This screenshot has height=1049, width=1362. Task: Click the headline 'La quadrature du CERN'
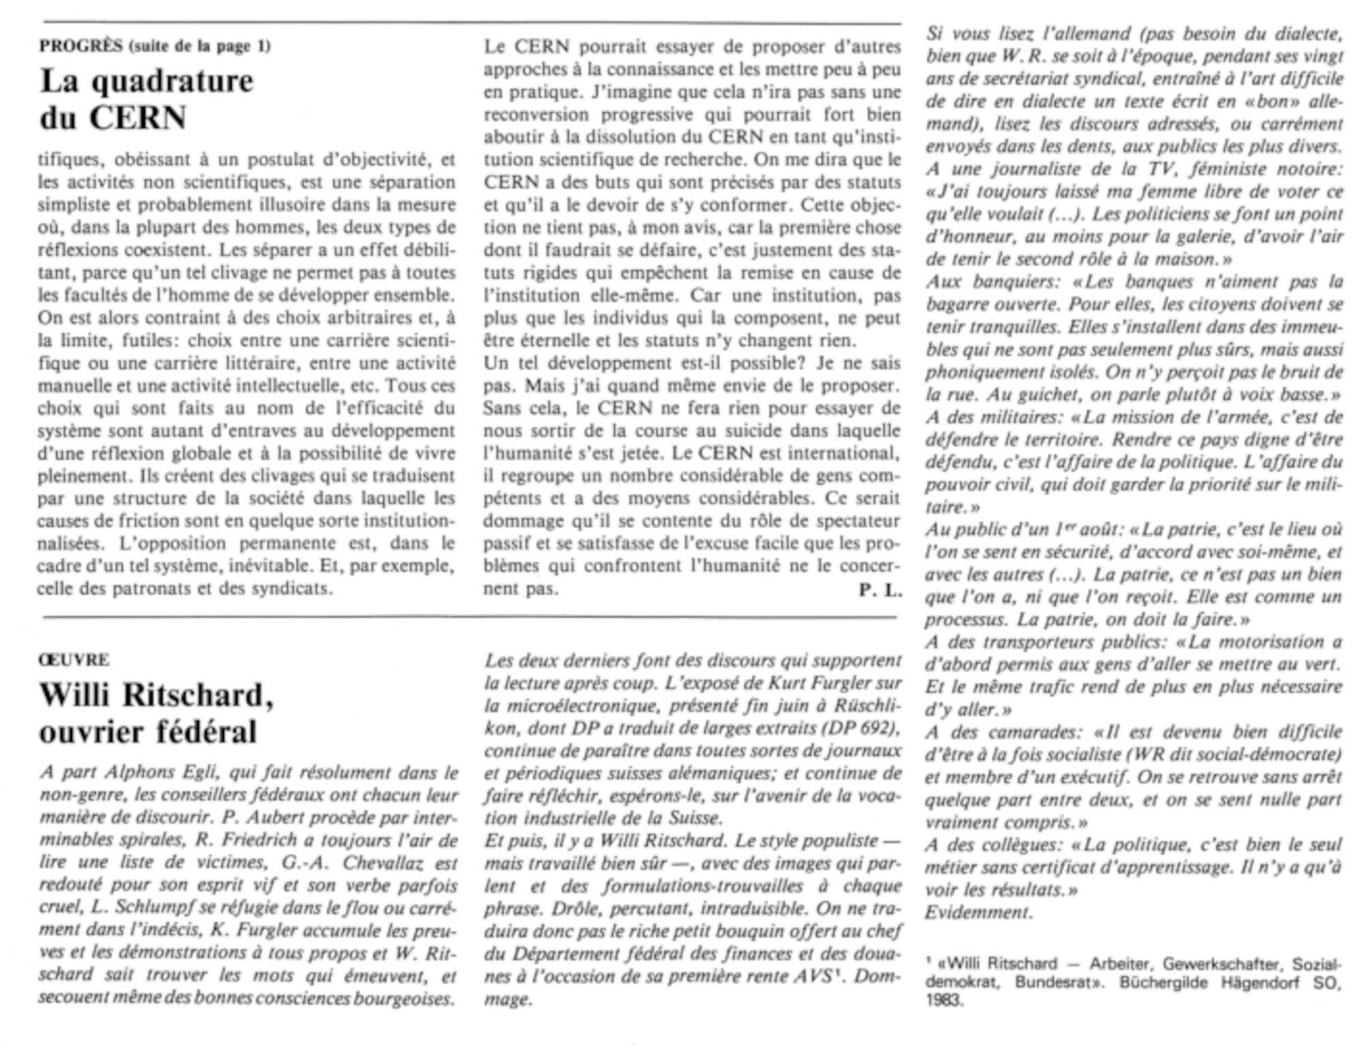[x=146, y=99]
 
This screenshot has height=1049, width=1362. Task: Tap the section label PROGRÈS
[x=80, y=46]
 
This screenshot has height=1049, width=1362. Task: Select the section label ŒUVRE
[x=74, y=659]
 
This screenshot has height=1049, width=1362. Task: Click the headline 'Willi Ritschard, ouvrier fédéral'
[x=157, y=713]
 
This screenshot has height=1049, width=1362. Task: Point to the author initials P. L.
[x=879, y=591]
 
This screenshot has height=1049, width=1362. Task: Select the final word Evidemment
[x=979, y=912]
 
